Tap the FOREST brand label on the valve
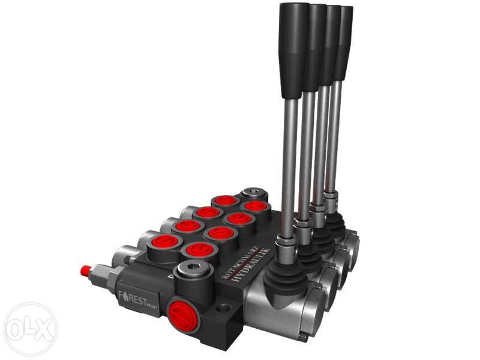(x=136, y=295)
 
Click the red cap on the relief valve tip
(x=85, y=271)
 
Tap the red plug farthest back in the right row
(x=255, y=206)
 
